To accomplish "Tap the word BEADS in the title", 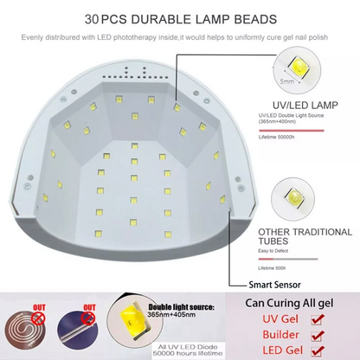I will pos(249,17).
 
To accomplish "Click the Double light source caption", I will pos(188,307).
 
